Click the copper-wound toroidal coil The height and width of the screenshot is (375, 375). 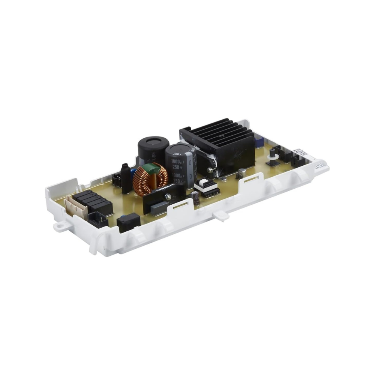150,180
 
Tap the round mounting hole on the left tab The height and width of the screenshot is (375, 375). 59,226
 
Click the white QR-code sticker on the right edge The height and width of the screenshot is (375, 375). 300,152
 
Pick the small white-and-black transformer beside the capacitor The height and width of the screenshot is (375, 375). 207,186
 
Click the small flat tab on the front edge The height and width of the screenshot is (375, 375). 221,216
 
